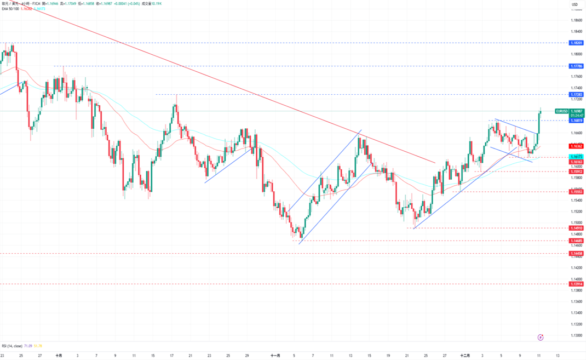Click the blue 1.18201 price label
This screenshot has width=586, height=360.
tap(576, 42)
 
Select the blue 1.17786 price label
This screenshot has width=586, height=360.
tap(576, 66)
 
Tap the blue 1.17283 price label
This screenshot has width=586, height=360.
tap(576, 95)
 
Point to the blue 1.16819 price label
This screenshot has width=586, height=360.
tap(576, 121)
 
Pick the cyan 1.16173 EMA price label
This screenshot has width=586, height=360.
tap(576, 157)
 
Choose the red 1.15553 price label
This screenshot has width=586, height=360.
tap(576, 192)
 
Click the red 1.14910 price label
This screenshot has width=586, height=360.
tap(576, 228)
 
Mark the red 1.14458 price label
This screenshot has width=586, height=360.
tap(576, 254)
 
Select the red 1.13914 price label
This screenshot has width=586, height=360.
tap(576, 284)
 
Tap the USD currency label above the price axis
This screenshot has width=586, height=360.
tap(574, 5)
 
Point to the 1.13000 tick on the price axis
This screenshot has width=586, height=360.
tap(576, 335)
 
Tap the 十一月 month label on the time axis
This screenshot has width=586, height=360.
tap(275, 355)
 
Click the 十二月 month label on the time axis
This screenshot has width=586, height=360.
tap(464, 355)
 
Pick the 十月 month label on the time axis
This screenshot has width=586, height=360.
tap(59, 355)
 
